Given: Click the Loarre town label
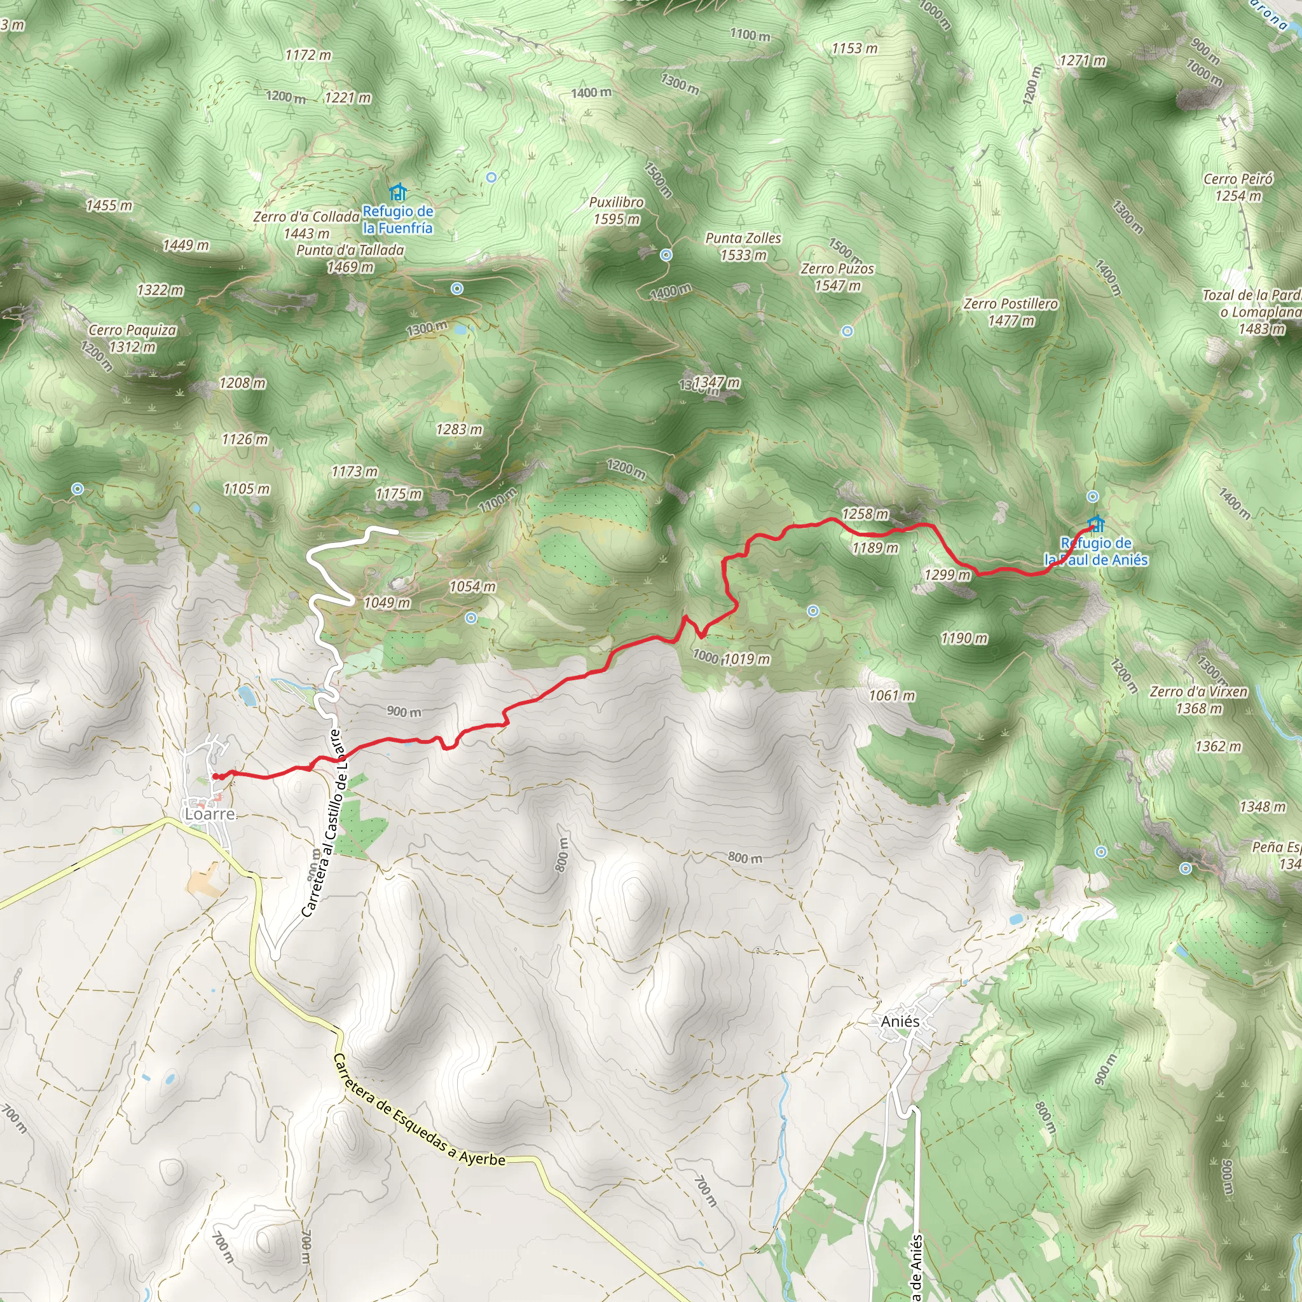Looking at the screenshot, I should [x=210, y=814].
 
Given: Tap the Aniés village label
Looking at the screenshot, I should [x=900, y=1022].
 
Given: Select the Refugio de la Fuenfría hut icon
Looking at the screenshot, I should [x=398, y=192].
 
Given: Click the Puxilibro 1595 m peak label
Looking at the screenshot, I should [x=617, y=210].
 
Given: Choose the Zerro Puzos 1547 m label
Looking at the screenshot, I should [x=837, y=277].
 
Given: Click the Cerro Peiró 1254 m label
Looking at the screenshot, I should [x=1238, y=188].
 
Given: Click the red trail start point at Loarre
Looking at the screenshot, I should [x=216, y=776].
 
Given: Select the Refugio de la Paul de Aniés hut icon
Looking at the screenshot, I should [x=1097, y=524].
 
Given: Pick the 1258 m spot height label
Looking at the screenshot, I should [x=865, y=514].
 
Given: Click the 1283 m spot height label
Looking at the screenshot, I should [x=459, y=429].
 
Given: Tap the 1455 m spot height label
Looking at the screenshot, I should [x=109, y=205].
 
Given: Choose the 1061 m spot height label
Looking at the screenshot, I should [x=891, y=696].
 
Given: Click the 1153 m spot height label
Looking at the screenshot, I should [x=854, y=48].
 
